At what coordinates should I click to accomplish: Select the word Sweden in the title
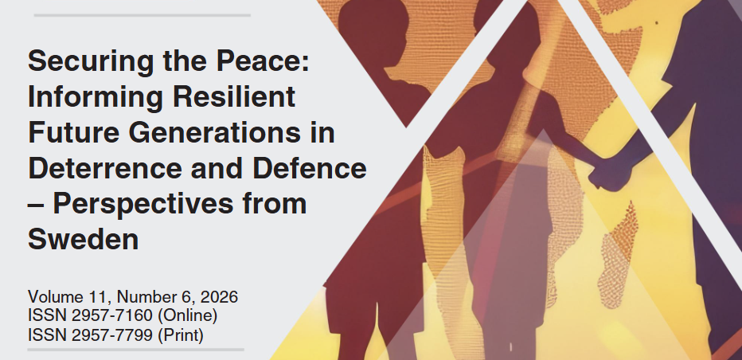pos(84,239)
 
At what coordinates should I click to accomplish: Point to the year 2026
pos(219,297)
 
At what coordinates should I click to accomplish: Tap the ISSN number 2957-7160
pos(112,316)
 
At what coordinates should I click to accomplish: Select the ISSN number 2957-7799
pos(112,335)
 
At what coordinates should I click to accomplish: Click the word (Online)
pos(187,317)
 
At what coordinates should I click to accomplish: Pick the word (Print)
pos(180,336)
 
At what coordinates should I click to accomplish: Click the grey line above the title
pos(142,15)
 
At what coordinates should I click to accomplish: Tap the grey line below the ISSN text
pos(136,350)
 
